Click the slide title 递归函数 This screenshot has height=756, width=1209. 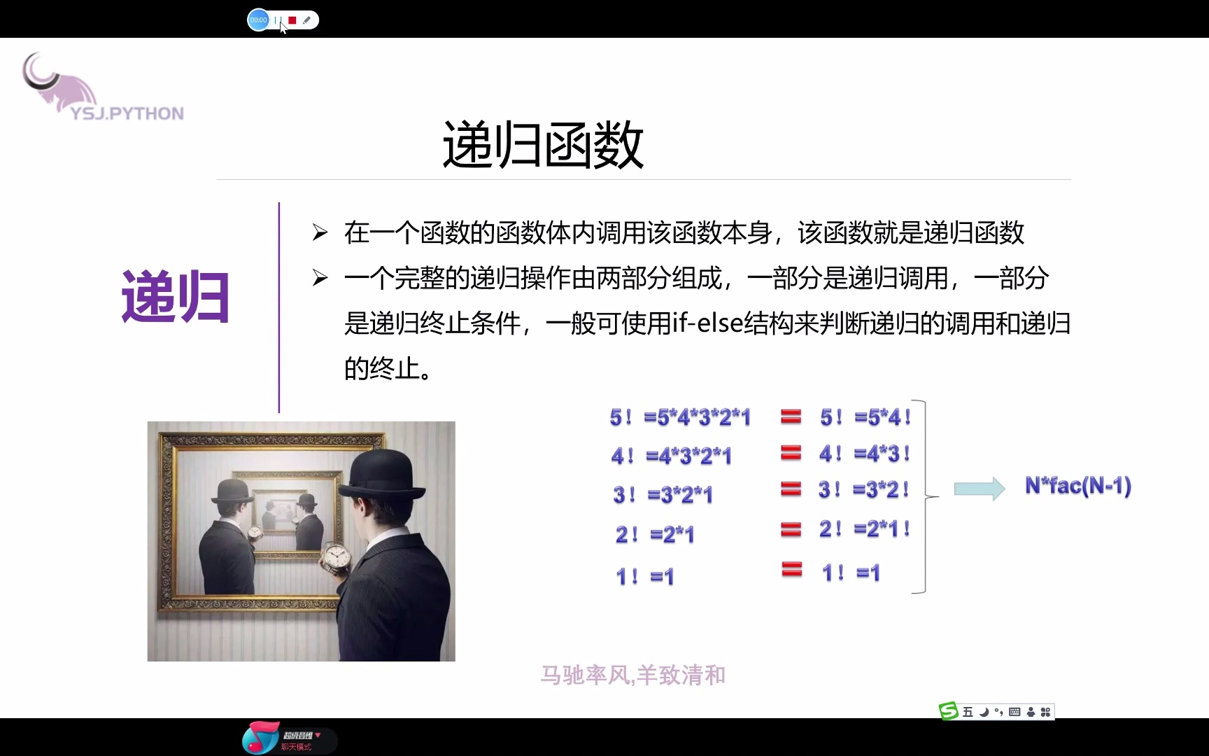(x=543, y=145)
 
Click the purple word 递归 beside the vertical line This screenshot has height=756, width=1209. (x=175, y=297)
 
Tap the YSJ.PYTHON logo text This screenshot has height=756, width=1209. (x=127, y=113)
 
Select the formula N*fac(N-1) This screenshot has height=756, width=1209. (x=1077, y=486)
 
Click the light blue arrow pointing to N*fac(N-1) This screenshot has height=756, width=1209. (x=980, y=488)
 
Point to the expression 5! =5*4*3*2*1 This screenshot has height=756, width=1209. (x=680, y=418)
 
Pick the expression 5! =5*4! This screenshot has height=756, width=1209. (x=865, y=418)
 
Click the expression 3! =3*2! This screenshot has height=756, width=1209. (x=864, y=490)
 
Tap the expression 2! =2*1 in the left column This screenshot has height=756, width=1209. (x=655, y=535)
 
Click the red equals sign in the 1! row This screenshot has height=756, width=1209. (x=791, y=570)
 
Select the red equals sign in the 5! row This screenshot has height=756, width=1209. (x=791, y=417)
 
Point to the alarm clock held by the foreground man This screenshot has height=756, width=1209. (x=336, y=558)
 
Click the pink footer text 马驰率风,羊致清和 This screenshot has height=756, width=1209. (x=633, y=675)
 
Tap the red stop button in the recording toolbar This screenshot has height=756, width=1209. (x=292, y=20)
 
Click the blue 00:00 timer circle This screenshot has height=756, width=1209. (x=258, y=20)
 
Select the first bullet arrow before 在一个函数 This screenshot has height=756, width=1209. (x=320, y=233)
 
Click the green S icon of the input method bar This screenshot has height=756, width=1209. (x=948, y=712)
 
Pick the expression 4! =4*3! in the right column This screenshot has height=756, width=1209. (x=865, y=454)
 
